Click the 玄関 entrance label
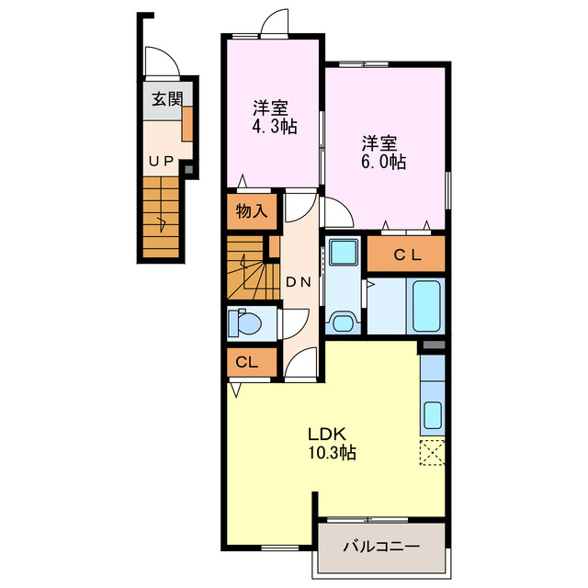tap(162, 99)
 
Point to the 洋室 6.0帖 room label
tap(382, 152)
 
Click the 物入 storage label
tap(251, 210)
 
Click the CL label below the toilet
tap(246, 361)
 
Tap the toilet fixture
tap(246, 323)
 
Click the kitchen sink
tap(432, 417)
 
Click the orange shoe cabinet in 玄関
tap(187, 121)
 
